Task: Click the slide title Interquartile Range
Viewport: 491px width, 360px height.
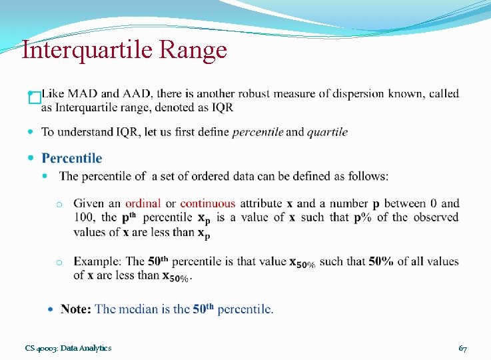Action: coord(124,50)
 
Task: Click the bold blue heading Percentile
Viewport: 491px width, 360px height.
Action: coord(72,158)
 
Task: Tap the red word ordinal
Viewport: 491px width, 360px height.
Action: coord(143,203)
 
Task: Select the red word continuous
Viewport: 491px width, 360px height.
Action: coord(207,203)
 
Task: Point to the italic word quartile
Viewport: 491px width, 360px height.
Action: coord(327,132)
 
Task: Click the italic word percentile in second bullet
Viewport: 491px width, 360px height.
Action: coord(258,132)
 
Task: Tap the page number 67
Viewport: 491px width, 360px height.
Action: coord(462,348)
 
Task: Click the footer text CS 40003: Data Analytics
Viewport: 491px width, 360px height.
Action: coord(68,348)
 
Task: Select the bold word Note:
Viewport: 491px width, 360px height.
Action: coord(76,309)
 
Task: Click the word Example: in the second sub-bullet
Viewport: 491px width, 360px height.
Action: coord(98,261)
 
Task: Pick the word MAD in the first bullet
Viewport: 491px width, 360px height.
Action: coord(83,93)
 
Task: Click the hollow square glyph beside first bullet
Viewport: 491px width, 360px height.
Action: coord(35,99)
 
